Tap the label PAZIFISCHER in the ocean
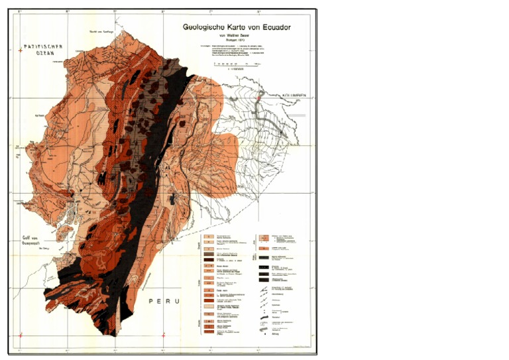pyautogui.click(x=42, y=46)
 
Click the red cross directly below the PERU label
pyautogui.click(x=163, y=336)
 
